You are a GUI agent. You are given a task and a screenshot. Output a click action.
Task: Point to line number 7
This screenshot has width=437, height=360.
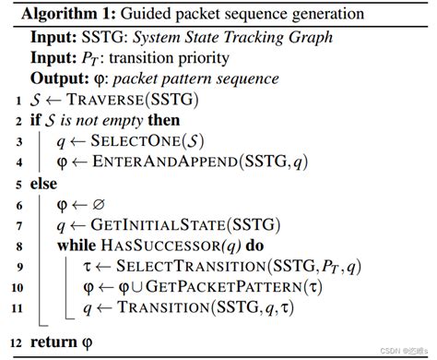point(22,224)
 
